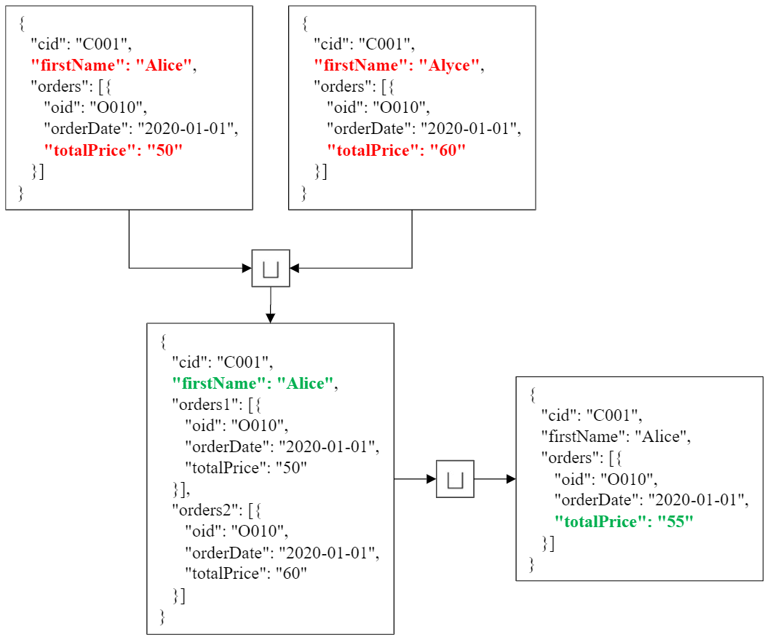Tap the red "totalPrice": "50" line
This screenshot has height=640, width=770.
click(113, 151)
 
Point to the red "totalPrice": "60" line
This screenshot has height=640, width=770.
click(396, 151)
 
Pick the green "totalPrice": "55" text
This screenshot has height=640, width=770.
click(624, 521)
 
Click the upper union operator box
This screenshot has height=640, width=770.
click(271, 268)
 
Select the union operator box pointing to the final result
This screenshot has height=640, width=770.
click(455, 479)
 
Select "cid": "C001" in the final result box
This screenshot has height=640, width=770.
click(591, 416)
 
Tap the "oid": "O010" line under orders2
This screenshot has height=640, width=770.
click(237, 531)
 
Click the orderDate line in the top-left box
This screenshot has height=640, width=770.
click(141, 130)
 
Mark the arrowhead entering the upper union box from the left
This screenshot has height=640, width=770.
click(247, 268)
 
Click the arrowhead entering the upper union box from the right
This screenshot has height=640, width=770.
click(295, 268)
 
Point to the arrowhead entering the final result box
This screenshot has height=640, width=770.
click(511, 479)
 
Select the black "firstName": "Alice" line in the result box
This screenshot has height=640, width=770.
click(615, 437)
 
